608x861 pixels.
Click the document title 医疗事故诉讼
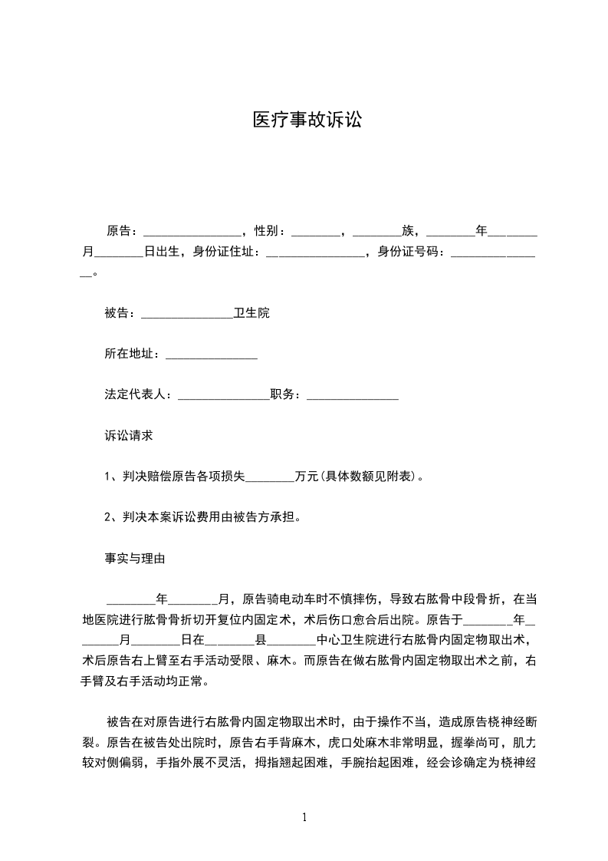[307, 120]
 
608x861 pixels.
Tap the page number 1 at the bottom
[305, 817]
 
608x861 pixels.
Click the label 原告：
[123, 230]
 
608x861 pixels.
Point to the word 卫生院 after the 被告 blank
[252, 313]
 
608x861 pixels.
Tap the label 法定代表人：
[140, 394]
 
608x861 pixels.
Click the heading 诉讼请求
[129, 435]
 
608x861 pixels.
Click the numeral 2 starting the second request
[108, 517]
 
